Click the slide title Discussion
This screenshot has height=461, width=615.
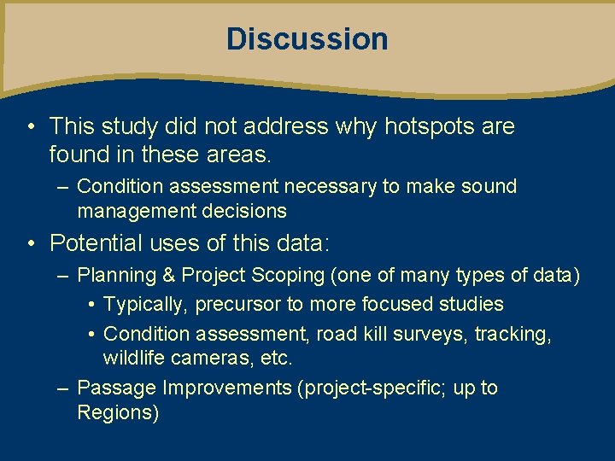coord(307,39)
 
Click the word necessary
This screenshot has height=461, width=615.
coord(330,186)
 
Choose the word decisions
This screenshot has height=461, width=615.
coord(243,211)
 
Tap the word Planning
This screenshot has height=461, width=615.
coord(115,276)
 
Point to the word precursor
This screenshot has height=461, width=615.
coord(238,305)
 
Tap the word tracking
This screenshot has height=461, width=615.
coord(512,334)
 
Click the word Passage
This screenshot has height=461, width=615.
coord(116,388)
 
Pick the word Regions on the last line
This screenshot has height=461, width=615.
coord(117,413)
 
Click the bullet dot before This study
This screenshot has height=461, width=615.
coord(30,127)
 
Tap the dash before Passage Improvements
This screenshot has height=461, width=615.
coord(62,388)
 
